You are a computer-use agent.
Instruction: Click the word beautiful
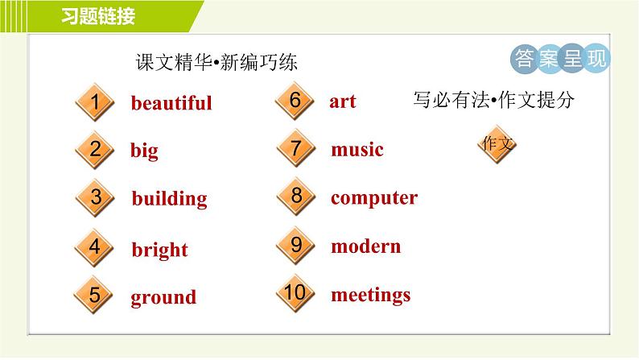pyautogui.click(x=171, y=103)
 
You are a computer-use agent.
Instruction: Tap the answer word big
pyautogui.click(x=144, y=151)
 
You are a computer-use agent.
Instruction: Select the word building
pyautogui.click(x=169, y=198)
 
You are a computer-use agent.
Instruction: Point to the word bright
pyautogui.click(x=159, y=250)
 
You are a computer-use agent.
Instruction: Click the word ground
pyautogui.click(x=163, y=297)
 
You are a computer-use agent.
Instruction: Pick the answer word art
pyautogui.click(x=342, y=101)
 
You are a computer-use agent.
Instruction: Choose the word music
pyautogui.click(x=357, y=150)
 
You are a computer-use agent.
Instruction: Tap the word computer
pyautogui.click(x=373, y=198)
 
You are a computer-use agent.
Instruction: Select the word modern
pyautogui.click(x=365, y=246)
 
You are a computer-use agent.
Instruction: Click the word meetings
pyautogui.click(x=370, y=295)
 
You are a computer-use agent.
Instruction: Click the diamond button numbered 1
pyautogui.click(x=95, y=103)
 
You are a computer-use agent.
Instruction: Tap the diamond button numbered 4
pyautogui.click(x=95, y=246)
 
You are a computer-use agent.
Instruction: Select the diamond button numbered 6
pyautogui.click(x=295, y=101)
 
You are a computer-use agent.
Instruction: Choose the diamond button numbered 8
pyautogui.click(x=295, y=196)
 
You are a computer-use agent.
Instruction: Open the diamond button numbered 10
pyautogui.click(x=295, y=292)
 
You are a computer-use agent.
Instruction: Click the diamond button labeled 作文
pyautogui.click(x=497, y=144)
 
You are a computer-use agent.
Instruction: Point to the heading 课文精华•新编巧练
pyautogui.click(x=216, y=64)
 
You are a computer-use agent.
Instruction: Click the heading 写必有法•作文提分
pyautogui.click(x=493, y=100)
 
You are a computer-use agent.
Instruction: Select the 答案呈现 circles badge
pyautogui.click(x=560, y=59)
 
